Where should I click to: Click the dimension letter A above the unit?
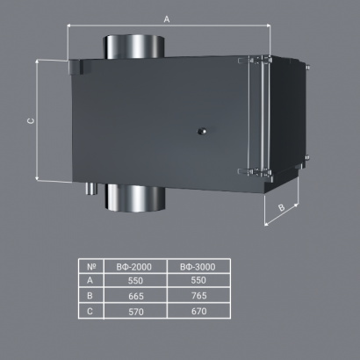(x=167, y=19)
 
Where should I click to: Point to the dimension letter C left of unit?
(x=31, y=121)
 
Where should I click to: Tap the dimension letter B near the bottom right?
(x=281, y=207)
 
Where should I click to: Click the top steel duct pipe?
(x=133, y=47)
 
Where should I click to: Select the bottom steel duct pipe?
(x=135, y=198)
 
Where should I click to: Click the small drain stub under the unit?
(x=91, y=189)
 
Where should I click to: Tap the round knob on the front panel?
(x=202, y=131)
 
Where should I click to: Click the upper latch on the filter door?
(x=255, y=61)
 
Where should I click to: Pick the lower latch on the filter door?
(x=255, y=172)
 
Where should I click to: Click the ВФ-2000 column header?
(x=134, y=267)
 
